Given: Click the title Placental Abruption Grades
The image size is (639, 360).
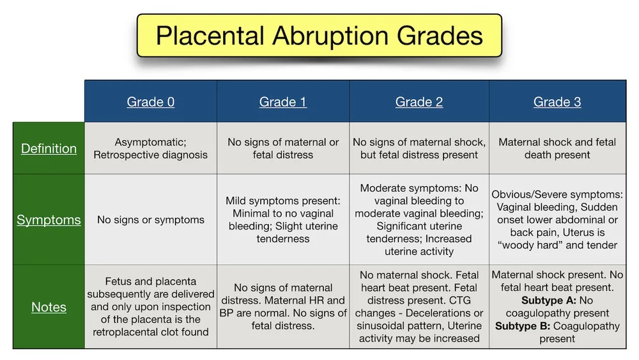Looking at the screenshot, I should (x=319, y=35).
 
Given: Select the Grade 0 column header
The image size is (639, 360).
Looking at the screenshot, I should (x=150, y=102).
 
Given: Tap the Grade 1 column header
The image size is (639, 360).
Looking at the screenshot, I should (x=282, y=102).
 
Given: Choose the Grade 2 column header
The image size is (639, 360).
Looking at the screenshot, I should (x=419, y=102).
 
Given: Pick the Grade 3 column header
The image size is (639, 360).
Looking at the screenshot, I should (x=557, y=102).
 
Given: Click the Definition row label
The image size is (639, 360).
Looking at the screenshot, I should (x=49, y=148).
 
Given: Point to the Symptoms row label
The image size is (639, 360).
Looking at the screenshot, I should (x=49, y=220).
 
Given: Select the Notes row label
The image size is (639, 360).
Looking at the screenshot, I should (x=49, y=307).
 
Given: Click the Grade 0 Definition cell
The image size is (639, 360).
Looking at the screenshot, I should (x=150, y=148).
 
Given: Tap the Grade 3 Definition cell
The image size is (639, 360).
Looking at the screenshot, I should (x=557, y=148).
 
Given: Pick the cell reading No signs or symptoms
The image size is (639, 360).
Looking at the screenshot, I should (x=150, y=220).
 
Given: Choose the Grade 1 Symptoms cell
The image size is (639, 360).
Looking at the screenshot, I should (x=282, y=220).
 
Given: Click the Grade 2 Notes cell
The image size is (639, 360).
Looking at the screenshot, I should (x=419, y=307).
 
